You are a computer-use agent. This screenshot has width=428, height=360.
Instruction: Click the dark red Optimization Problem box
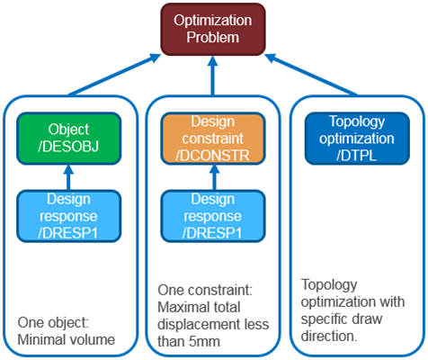coord(214,28)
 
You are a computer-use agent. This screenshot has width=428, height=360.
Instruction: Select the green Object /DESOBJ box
coord(69,138)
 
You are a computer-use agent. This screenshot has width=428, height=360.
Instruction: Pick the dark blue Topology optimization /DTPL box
coord(354,138)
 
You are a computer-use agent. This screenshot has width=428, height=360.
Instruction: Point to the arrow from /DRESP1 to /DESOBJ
coord(69,176)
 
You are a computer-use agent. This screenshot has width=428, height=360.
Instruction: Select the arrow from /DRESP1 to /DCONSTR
coord(212,176)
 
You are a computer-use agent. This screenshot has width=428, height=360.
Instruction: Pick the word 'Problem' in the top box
coord(214,37)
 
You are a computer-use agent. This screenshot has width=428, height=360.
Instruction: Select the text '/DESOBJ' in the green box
coord(69,147)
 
